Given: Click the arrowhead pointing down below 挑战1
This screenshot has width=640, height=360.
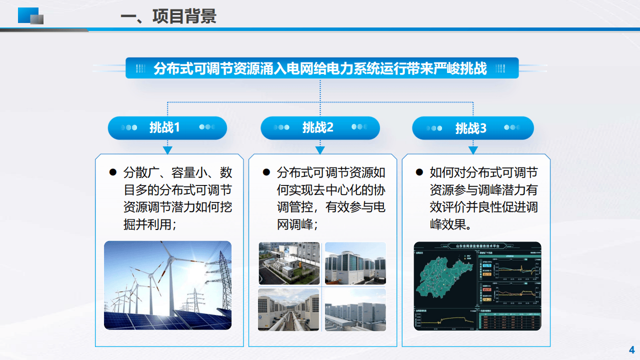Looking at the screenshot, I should point(167,150).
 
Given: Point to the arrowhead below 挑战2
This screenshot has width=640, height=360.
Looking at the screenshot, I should point(320,150).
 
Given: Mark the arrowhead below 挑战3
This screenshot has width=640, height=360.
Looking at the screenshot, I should point(473,150).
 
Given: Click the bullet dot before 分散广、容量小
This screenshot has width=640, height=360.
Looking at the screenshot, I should point(112,173).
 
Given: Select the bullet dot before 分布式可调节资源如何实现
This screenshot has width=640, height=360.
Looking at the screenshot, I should point(266,173).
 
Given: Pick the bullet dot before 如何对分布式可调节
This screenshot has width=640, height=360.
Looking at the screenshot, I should point(419,173).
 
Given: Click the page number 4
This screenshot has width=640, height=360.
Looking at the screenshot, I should point(631,349).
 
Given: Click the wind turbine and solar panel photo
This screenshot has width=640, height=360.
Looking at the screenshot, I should point(167,285).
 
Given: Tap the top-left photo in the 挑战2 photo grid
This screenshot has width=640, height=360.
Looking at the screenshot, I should point(289,263).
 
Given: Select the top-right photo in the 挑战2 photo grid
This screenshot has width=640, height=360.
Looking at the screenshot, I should point(355,263).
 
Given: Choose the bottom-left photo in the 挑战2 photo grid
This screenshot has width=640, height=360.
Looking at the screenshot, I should point(288,309).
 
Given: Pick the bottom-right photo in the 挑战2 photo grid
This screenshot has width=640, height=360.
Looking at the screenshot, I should point(355,309).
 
